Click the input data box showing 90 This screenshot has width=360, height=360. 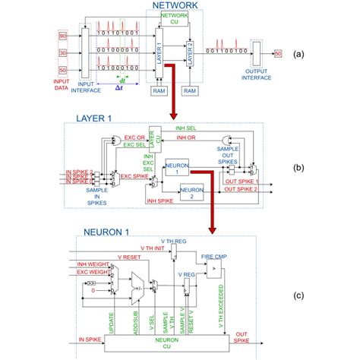tap(63, 35)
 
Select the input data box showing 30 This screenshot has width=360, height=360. tap(63, 52)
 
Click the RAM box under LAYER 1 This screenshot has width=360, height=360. tap(159, 90)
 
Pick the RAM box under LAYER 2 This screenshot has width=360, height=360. tap(190, 90)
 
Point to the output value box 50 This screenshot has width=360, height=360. tap(278, 53)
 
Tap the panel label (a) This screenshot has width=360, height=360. tap(321, 55)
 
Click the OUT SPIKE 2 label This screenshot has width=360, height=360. tap(242, 190)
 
